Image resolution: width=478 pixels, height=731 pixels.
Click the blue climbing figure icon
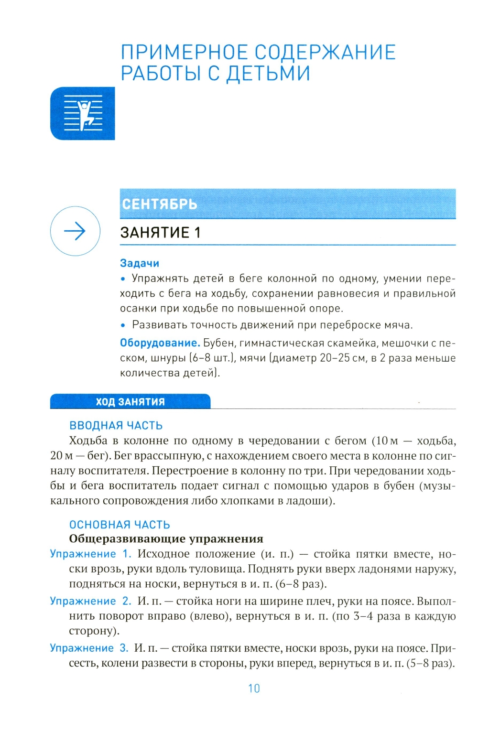[x=83, y=114]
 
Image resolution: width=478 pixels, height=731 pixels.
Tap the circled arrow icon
[x=75, y=231]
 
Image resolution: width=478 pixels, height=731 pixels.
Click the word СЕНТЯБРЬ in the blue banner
[x=159, y=204]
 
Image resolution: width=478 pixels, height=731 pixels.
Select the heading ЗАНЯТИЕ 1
[x=160, y=233]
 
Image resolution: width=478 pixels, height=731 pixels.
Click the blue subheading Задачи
[x=140, y=263]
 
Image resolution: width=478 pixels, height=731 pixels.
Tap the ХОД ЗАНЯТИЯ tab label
[x=130, y=402]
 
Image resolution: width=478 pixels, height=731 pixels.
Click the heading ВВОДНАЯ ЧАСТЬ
[x=116, y=426]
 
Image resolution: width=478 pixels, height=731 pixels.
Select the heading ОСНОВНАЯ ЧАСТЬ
[x=119, y=525]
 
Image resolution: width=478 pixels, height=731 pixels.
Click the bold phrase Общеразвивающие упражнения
[x=166, y=539]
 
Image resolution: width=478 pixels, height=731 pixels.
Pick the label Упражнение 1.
[x=90, y=554]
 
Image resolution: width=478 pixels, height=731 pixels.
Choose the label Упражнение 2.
[x=90, y=601]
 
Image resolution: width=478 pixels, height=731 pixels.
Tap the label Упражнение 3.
[x=89, y=648]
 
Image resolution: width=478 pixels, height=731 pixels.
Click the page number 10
[x=254, y=688]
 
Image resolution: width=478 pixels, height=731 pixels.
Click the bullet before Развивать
[x=123, y=325]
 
